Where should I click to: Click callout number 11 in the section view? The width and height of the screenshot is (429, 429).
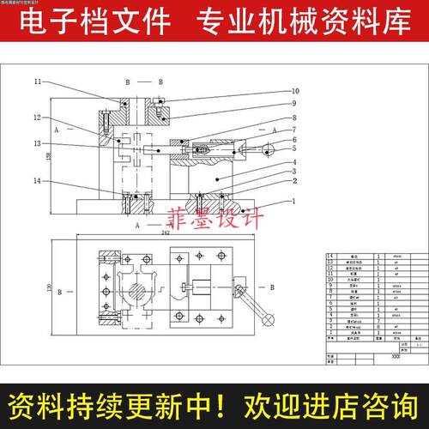[x=38, y=82]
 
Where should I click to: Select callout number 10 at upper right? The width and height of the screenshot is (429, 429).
[x=294, y=91]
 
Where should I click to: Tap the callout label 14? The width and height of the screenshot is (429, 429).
[x=38, y=182]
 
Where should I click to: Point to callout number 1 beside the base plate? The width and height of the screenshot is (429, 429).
[x=294, y=202]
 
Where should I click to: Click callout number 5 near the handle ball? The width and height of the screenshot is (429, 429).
[x=294, y=150]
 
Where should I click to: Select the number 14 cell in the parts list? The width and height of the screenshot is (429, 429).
[x=329, y=256]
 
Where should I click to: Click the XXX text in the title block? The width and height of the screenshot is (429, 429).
[x=372, y=354]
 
